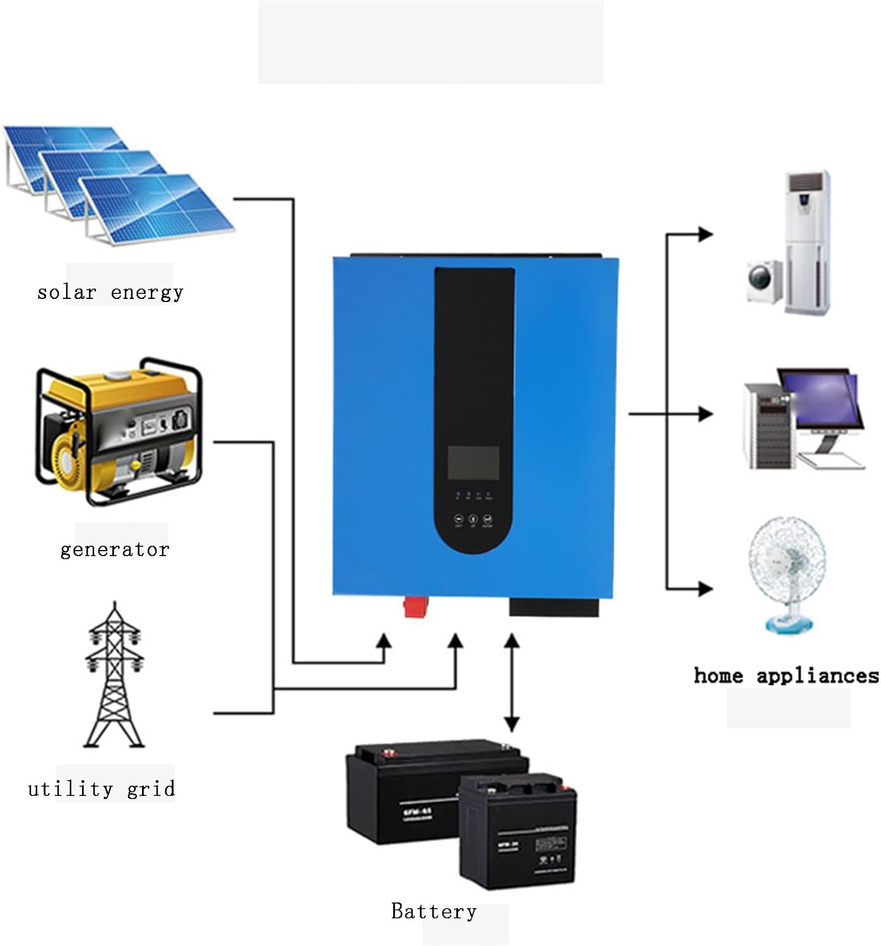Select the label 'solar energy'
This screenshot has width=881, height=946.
click(x=110, y=292)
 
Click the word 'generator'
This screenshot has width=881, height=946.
click(x=115, y=549)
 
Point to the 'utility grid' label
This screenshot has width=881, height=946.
click(x=102, y=789)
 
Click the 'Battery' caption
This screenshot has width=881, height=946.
click(x=434, y=911)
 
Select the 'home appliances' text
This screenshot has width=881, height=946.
click(x=786, y=675)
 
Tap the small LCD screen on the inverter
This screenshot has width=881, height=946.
click(x=473, y=463)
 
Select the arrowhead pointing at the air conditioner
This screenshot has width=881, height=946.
click(x=705, y=235)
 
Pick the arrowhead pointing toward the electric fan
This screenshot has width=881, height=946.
click(x=705, y=588)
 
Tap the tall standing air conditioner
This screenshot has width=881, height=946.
click(x=808, y=243)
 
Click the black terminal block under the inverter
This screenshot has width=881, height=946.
click(x=553, y=607)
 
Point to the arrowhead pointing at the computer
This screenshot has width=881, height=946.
click(x=705, y=414)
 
